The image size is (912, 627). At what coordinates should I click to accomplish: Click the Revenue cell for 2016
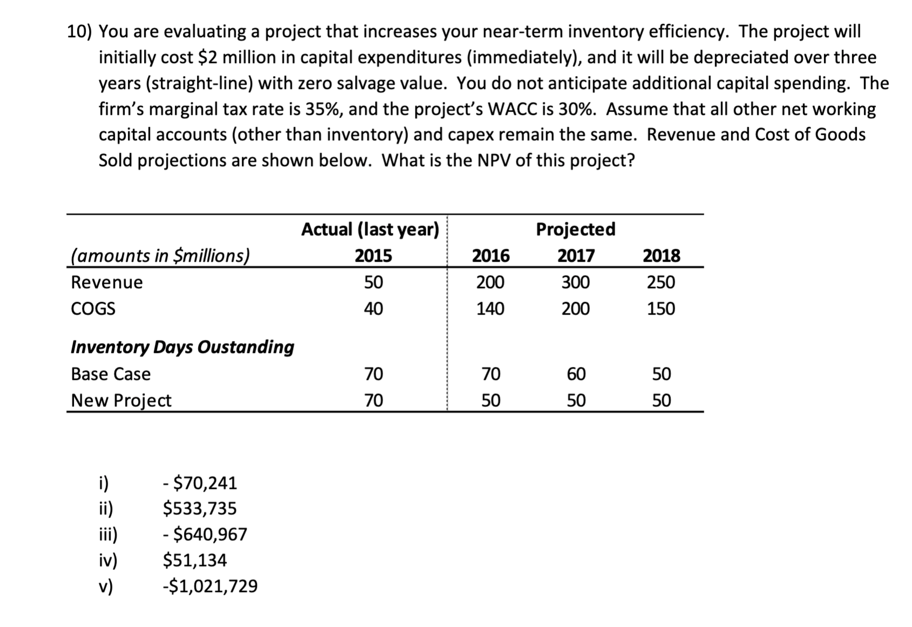point(490,282)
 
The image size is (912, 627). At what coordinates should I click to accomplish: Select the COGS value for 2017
point(575,309)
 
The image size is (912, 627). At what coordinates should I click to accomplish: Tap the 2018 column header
point(661,255)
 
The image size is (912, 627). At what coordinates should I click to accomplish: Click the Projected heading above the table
point(575,229)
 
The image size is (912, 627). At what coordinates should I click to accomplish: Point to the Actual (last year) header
point(370,229)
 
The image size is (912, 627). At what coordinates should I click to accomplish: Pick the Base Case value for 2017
point(576,374)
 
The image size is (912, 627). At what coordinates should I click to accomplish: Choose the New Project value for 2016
point(491,400)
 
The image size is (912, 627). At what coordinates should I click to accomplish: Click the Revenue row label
point(107,282)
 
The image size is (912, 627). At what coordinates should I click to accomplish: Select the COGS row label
point(93,309)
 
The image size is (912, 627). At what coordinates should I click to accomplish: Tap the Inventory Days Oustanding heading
point(182,347)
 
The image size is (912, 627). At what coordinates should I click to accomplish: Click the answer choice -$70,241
point(200,483)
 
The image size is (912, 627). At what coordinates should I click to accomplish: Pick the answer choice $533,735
point(200,508)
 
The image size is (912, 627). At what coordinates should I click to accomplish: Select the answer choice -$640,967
point(205,534)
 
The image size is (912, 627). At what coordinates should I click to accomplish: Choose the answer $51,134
point(195,560)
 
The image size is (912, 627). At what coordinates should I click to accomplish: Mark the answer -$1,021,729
point(210,586)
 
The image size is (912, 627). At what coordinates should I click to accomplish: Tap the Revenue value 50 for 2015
point(373,282)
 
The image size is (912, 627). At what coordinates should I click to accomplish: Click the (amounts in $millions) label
point(160,255)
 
